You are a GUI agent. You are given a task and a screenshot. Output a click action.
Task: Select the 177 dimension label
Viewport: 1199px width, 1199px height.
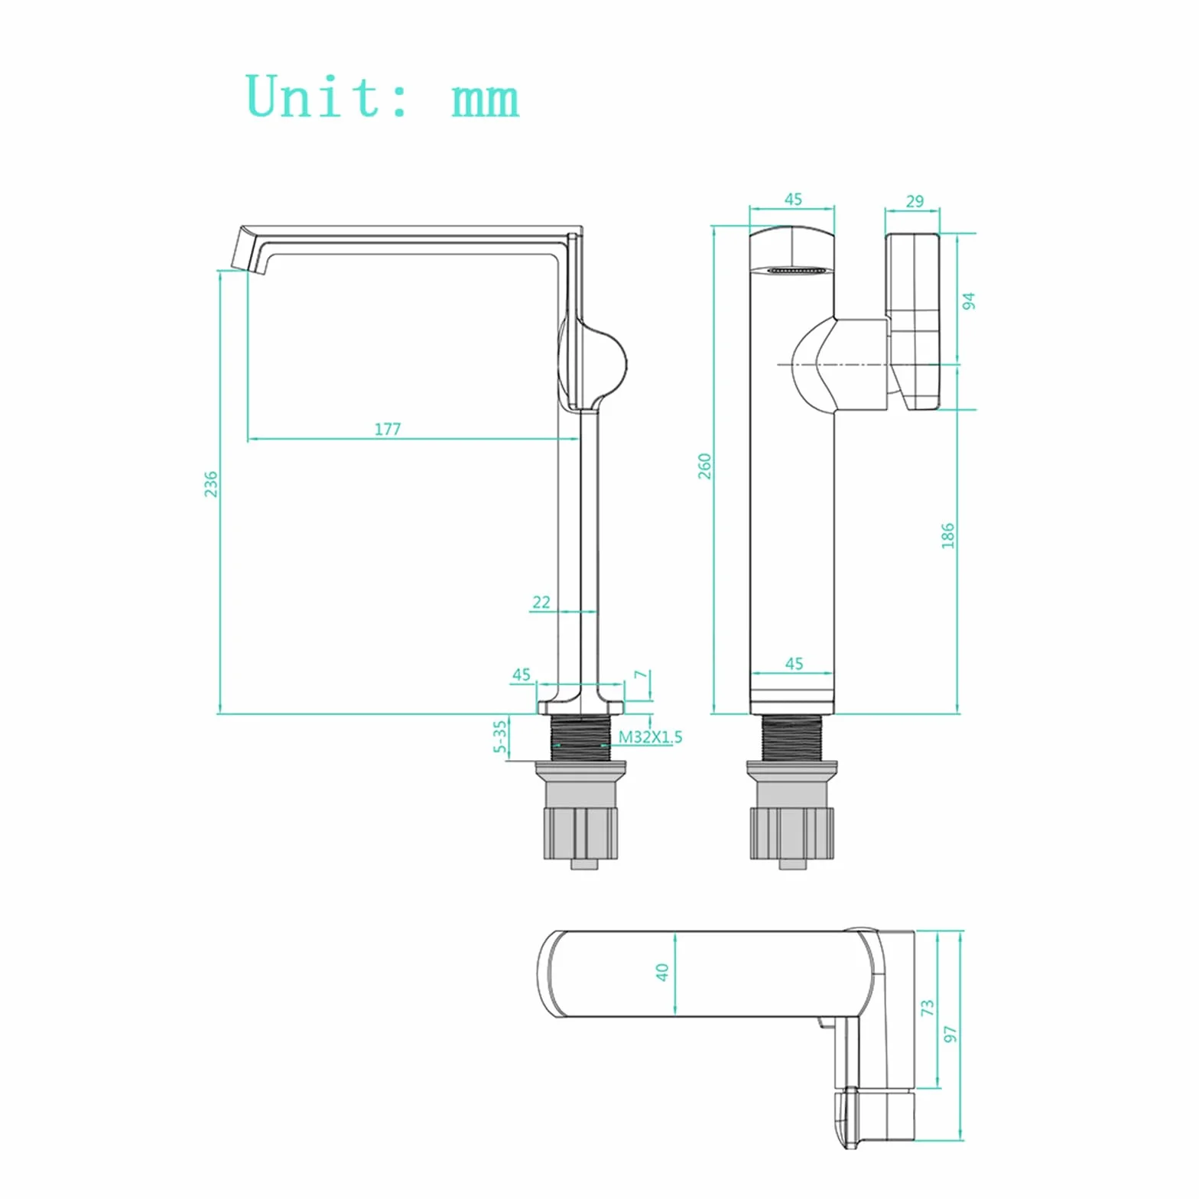click(387, 429)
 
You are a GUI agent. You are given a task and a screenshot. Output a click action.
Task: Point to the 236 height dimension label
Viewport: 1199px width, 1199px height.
click(211, 484)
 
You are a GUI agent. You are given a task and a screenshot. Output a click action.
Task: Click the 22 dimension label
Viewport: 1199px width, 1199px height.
click(541, 603)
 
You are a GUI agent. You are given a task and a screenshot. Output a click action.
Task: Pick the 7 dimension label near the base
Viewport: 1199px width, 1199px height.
click(641, 674)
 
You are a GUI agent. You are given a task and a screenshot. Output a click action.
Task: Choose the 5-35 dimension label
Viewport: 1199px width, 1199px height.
click(500, 736)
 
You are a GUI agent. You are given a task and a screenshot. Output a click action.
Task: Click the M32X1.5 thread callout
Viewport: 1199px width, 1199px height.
click(650, 737)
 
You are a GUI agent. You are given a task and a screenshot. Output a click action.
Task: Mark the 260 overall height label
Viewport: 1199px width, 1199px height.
click(704, 466)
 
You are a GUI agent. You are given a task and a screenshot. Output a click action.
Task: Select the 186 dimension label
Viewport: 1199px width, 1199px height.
click(947, 535)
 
